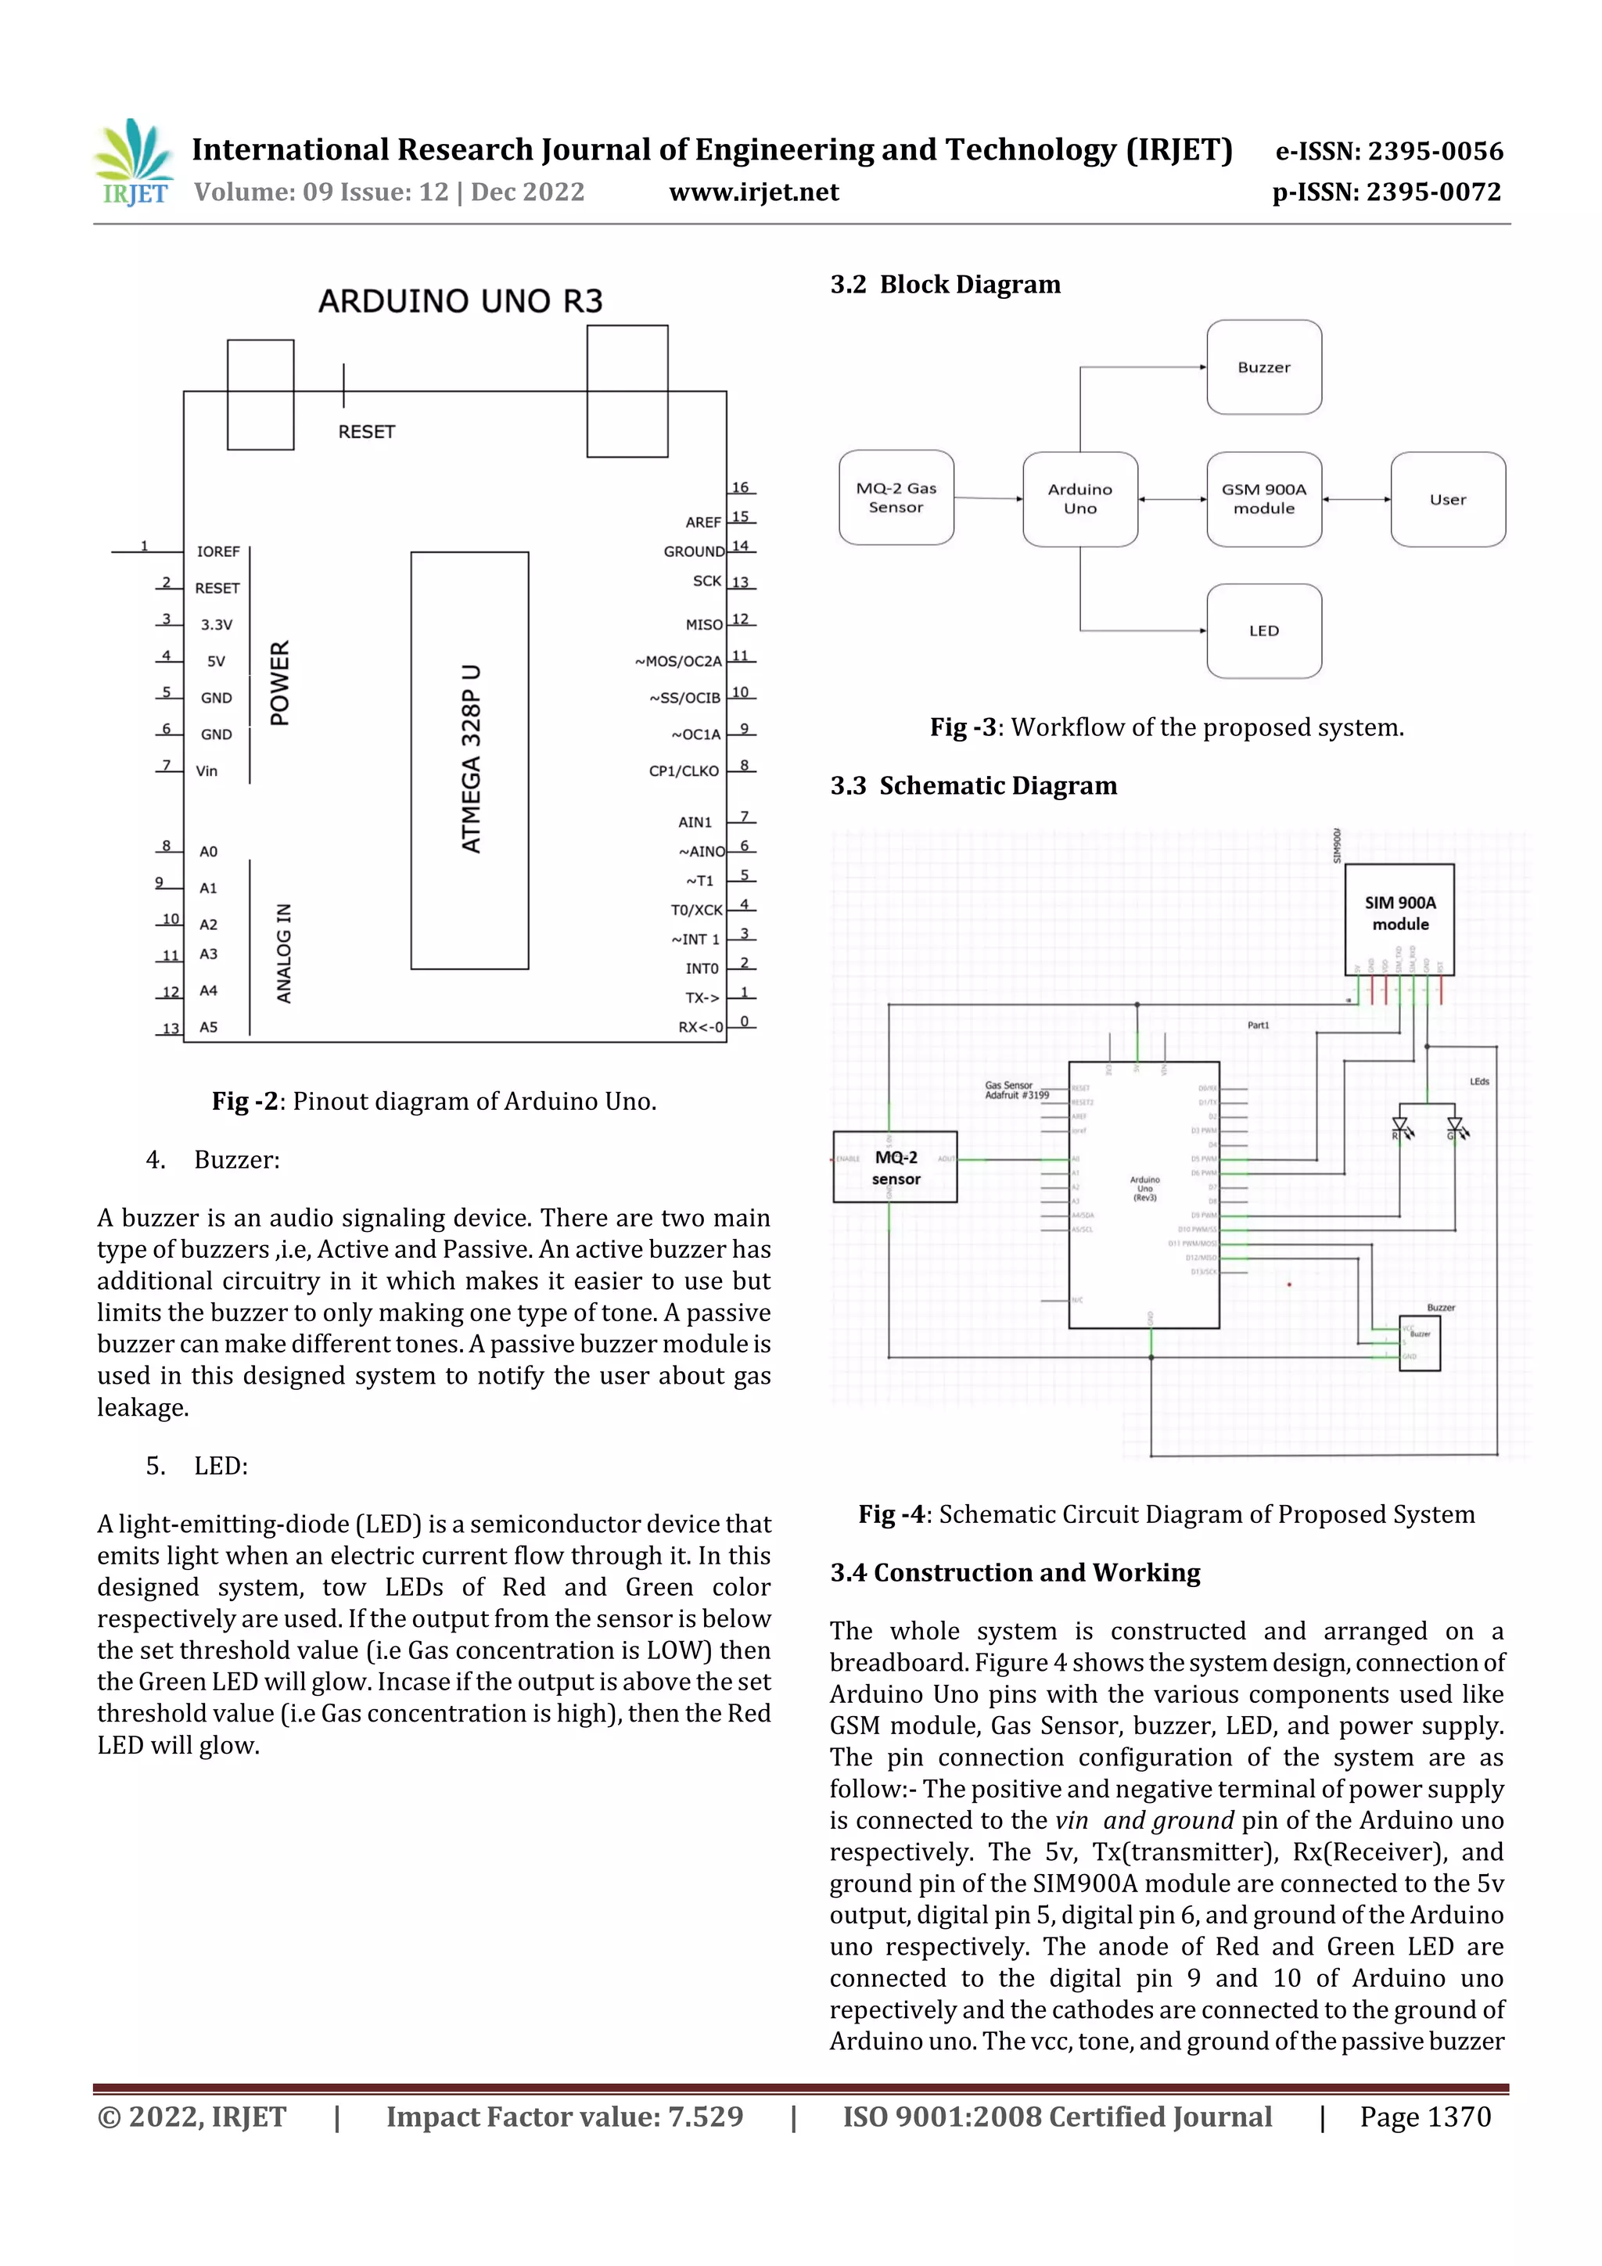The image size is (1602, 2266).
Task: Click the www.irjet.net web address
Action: click(x=753, y=192)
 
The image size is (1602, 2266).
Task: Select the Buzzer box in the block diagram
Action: click(x=1263, y=367)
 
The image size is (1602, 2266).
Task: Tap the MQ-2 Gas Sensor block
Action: click(x=896, y=497)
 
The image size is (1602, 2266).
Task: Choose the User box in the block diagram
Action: click(x=1447, y=499)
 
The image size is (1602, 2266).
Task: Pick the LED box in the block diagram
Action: click(x=1263, y=630)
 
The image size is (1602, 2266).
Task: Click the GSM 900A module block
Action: click(x=1263, y=498)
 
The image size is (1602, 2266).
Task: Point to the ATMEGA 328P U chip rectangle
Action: click(x=470, y=760)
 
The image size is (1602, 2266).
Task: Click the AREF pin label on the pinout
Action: click(x=702, y=522)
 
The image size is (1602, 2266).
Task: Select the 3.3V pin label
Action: click(x=216, y=625)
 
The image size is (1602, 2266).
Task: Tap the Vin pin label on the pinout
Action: click(x=207, y=770)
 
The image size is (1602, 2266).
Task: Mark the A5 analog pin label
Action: click(x=208, y=1027)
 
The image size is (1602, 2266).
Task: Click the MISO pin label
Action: click(x=704, y=625)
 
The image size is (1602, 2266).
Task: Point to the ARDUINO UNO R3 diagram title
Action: click(x=460, y=301)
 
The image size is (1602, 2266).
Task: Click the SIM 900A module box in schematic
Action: click(x=1399, y=918)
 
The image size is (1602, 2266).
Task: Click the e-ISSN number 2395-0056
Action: click(x=1434, y=151)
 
